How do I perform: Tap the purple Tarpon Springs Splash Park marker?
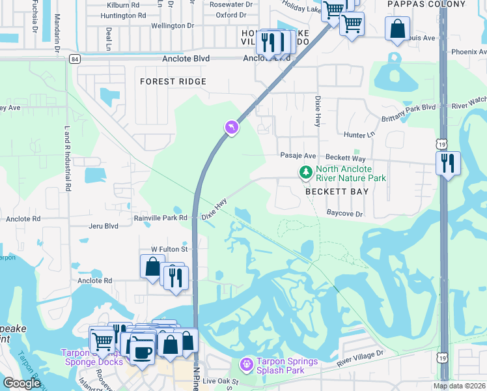click(x=246, y=363)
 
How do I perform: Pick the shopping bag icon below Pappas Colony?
click(x=397, y=29)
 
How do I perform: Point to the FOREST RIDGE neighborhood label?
click(x=173, y=81)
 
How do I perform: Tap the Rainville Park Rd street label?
click(x=160, y=218)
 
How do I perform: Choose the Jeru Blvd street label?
click(x=104, y=226)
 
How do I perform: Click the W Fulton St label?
click(x=169, y=249)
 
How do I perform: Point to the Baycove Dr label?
click(x=344, y=213)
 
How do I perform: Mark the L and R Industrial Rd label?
click(x=67, y=158)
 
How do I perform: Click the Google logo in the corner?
click(x=22, y=383)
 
